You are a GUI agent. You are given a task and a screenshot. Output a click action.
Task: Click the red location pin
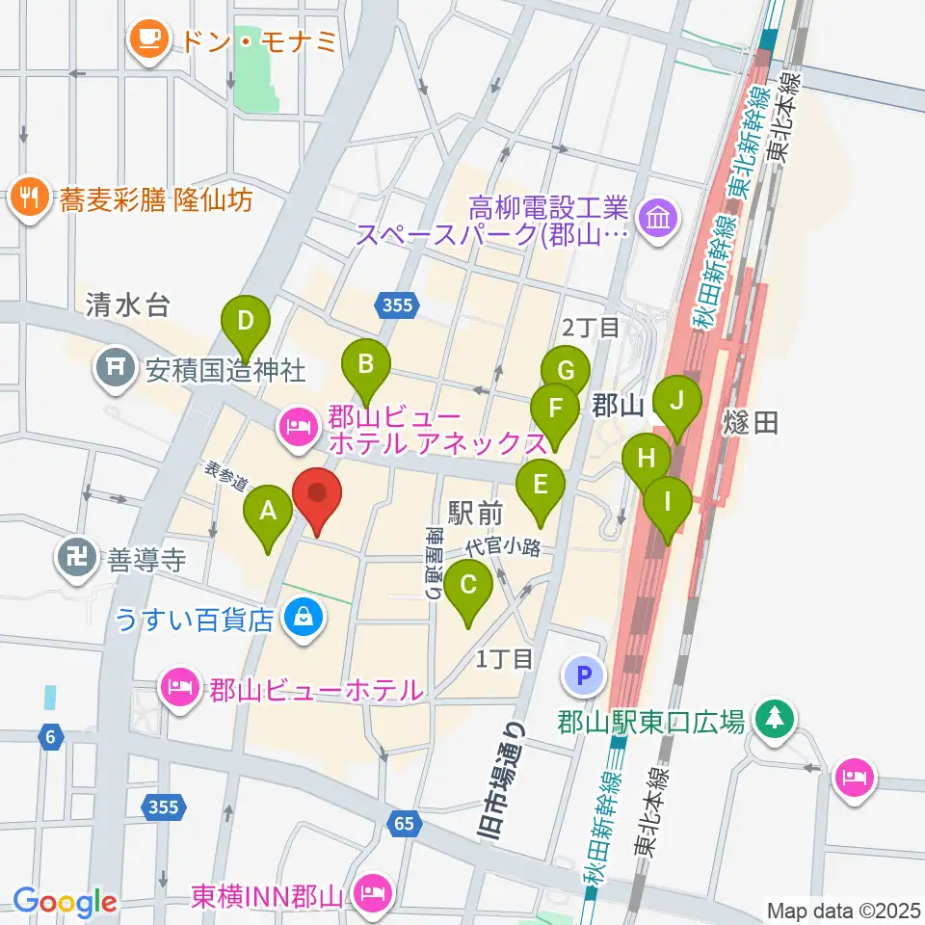coord(317,499)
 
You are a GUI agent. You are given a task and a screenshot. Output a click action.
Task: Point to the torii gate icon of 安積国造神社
coord(116,368)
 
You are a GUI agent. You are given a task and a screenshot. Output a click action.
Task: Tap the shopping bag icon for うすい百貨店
coord(304,618)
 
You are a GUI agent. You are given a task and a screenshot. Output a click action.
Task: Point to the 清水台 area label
coord(127,306)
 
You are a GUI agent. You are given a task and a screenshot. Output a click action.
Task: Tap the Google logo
coord(66,903)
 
